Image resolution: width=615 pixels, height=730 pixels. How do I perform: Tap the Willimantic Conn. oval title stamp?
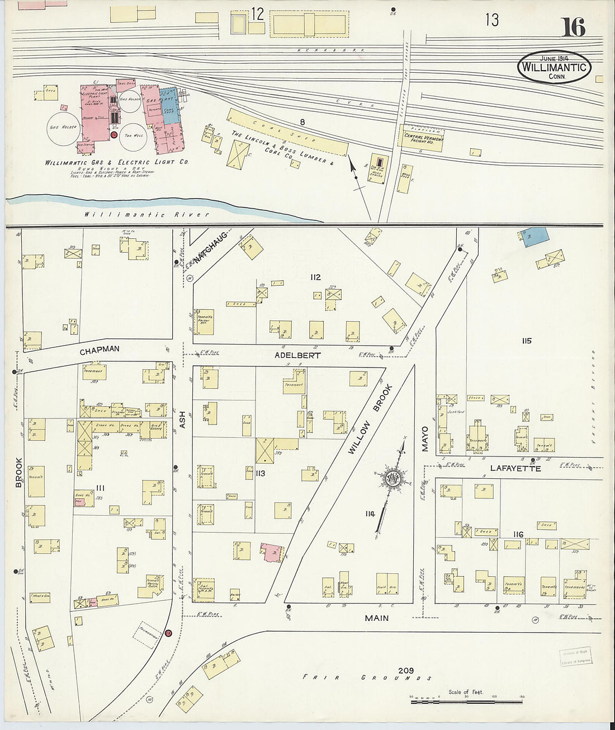[x=553, y=68]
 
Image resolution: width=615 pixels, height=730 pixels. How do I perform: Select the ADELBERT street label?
[x=297, y=355]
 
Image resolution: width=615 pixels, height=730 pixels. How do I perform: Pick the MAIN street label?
[x=377, y=618]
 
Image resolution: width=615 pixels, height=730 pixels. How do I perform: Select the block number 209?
[x=406, y=670]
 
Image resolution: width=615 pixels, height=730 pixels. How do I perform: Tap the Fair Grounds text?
[x=367, y=677]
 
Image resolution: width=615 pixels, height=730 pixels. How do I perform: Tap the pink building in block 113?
[x=271, y=550]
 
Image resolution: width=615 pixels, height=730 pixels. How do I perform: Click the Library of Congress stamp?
[x=575, y=656]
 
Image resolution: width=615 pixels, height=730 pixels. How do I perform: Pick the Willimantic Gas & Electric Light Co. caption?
[x=117, y=162]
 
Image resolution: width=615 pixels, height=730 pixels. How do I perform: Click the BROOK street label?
[x=20, y=473]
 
